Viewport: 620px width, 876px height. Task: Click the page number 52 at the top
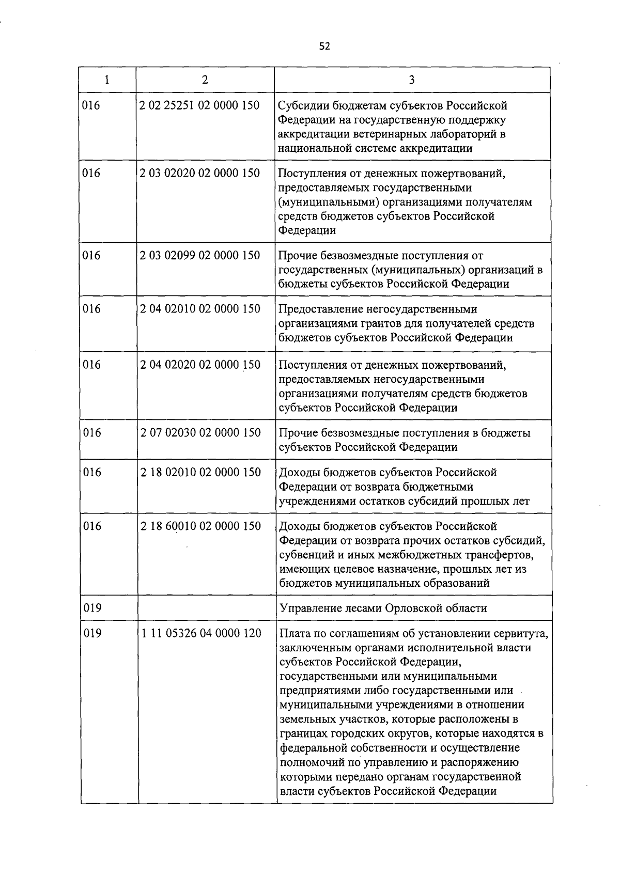pyautogui.click(x=324, y=46)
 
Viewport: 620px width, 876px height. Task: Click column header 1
pyautogui.click(x=107, y=80)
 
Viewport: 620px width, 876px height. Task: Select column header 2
pyautogui.click(x=205, y=80)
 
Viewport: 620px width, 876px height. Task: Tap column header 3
pyautogui.click(x=412, y=80)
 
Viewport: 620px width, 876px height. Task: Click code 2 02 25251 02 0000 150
pyautogui.click(x=199, y=105)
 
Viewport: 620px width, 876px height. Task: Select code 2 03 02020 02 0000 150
pyautogui.click(x=199, y=173)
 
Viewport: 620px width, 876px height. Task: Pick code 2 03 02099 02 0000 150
pyautogui.click(x=199, y=255)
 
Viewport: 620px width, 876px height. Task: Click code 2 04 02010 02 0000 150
pyautogui.click(x=200, y=309)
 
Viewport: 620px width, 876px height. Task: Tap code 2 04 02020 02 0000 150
pyautogui.click(x=200, y=365)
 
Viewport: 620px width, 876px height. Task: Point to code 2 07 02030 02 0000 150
pyautogui.click(x=200, y=433)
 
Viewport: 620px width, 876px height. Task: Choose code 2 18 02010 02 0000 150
pyautogui.click(x=200, y=472)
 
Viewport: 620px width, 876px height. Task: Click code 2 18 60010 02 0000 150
pyautogui.click(x=200, y=526)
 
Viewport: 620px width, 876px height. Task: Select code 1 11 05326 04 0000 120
pyautogui.click(x=201, y=633)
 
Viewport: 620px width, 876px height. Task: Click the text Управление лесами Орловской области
pyautogui.click(x=383, y=608)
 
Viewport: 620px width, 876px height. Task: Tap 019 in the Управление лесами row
pyautogui.click(x=92, y=608)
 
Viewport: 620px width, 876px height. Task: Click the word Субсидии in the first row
pyautogui.click(x=301, y=106)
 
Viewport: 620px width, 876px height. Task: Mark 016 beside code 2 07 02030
pyautogui.click(x=92, y=433)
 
